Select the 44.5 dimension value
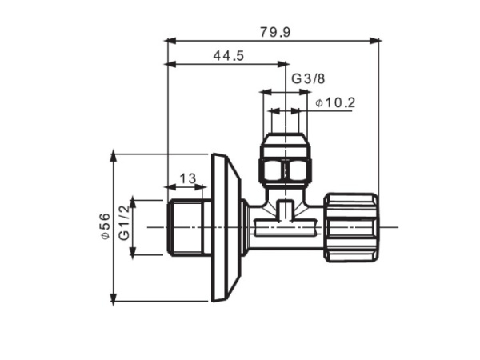click(228, 55)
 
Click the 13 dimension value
click(187, 178)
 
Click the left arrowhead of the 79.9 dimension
click(170, 39)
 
